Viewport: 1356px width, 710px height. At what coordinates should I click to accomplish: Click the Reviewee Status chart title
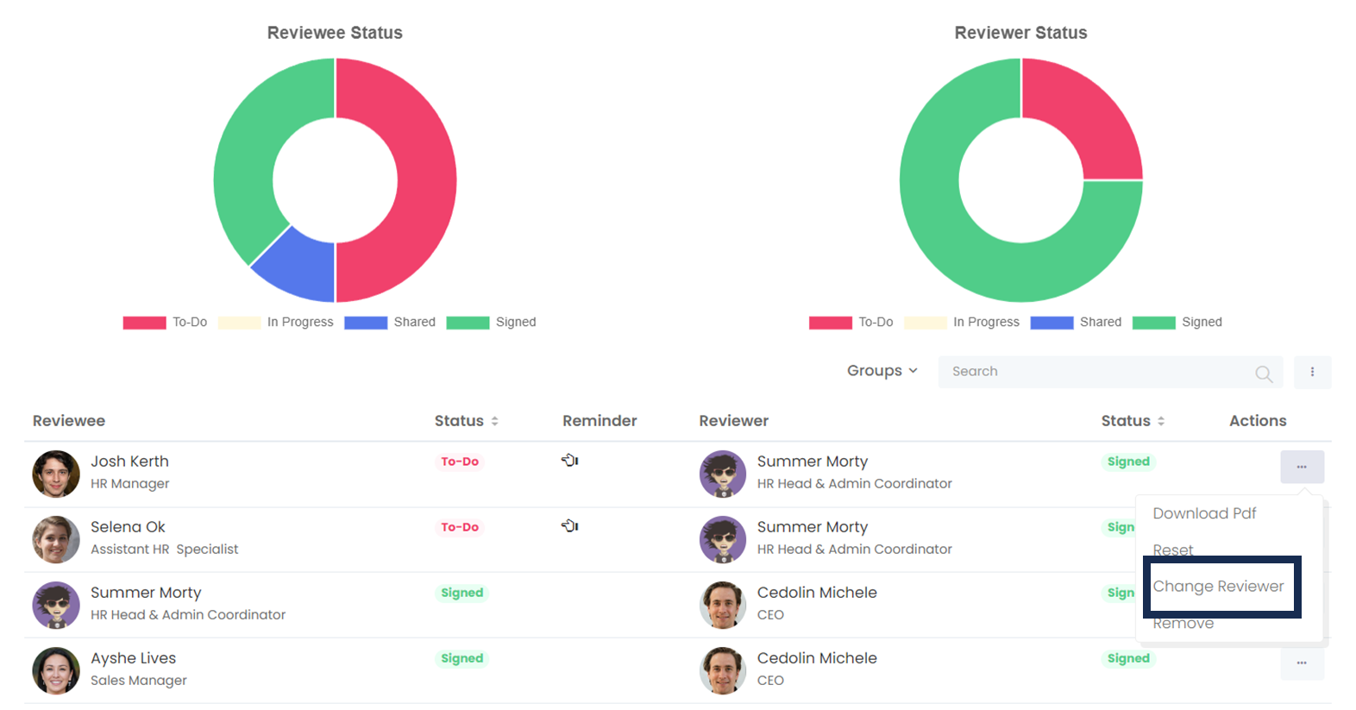335,33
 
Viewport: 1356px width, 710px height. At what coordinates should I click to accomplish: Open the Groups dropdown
882,371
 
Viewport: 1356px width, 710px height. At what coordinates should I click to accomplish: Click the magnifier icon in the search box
1263,373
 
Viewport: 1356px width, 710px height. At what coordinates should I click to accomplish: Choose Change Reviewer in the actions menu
1218,587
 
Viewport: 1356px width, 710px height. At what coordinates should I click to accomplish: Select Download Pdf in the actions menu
1204,513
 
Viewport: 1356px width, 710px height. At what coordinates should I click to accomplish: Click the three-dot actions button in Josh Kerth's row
1302,467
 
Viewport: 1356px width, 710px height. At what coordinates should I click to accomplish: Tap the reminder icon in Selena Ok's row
570,525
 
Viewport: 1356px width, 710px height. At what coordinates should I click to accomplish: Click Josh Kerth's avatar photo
56,474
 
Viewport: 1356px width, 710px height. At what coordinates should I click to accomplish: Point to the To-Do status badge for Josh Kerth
460,462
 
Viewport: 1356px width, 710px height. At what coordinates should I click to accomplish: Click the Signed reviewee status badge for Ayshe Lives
462,658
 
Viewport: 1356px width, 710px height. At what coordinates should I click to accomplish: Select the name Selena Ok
128,527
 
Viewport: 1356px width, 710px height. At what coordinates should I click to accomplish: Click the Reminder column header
600,421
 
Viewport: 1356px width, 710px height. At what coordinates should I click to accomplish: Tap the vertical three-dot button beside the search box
1312,372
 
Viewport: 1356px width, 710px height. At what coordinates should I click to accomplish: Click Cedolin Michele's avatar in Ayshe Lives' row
723,670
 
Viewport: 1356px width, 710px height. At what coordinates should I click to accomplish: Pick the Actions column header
1258,421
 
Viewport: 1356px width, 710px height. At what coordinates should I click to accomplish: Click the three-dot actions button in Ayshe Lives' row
1302,663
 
